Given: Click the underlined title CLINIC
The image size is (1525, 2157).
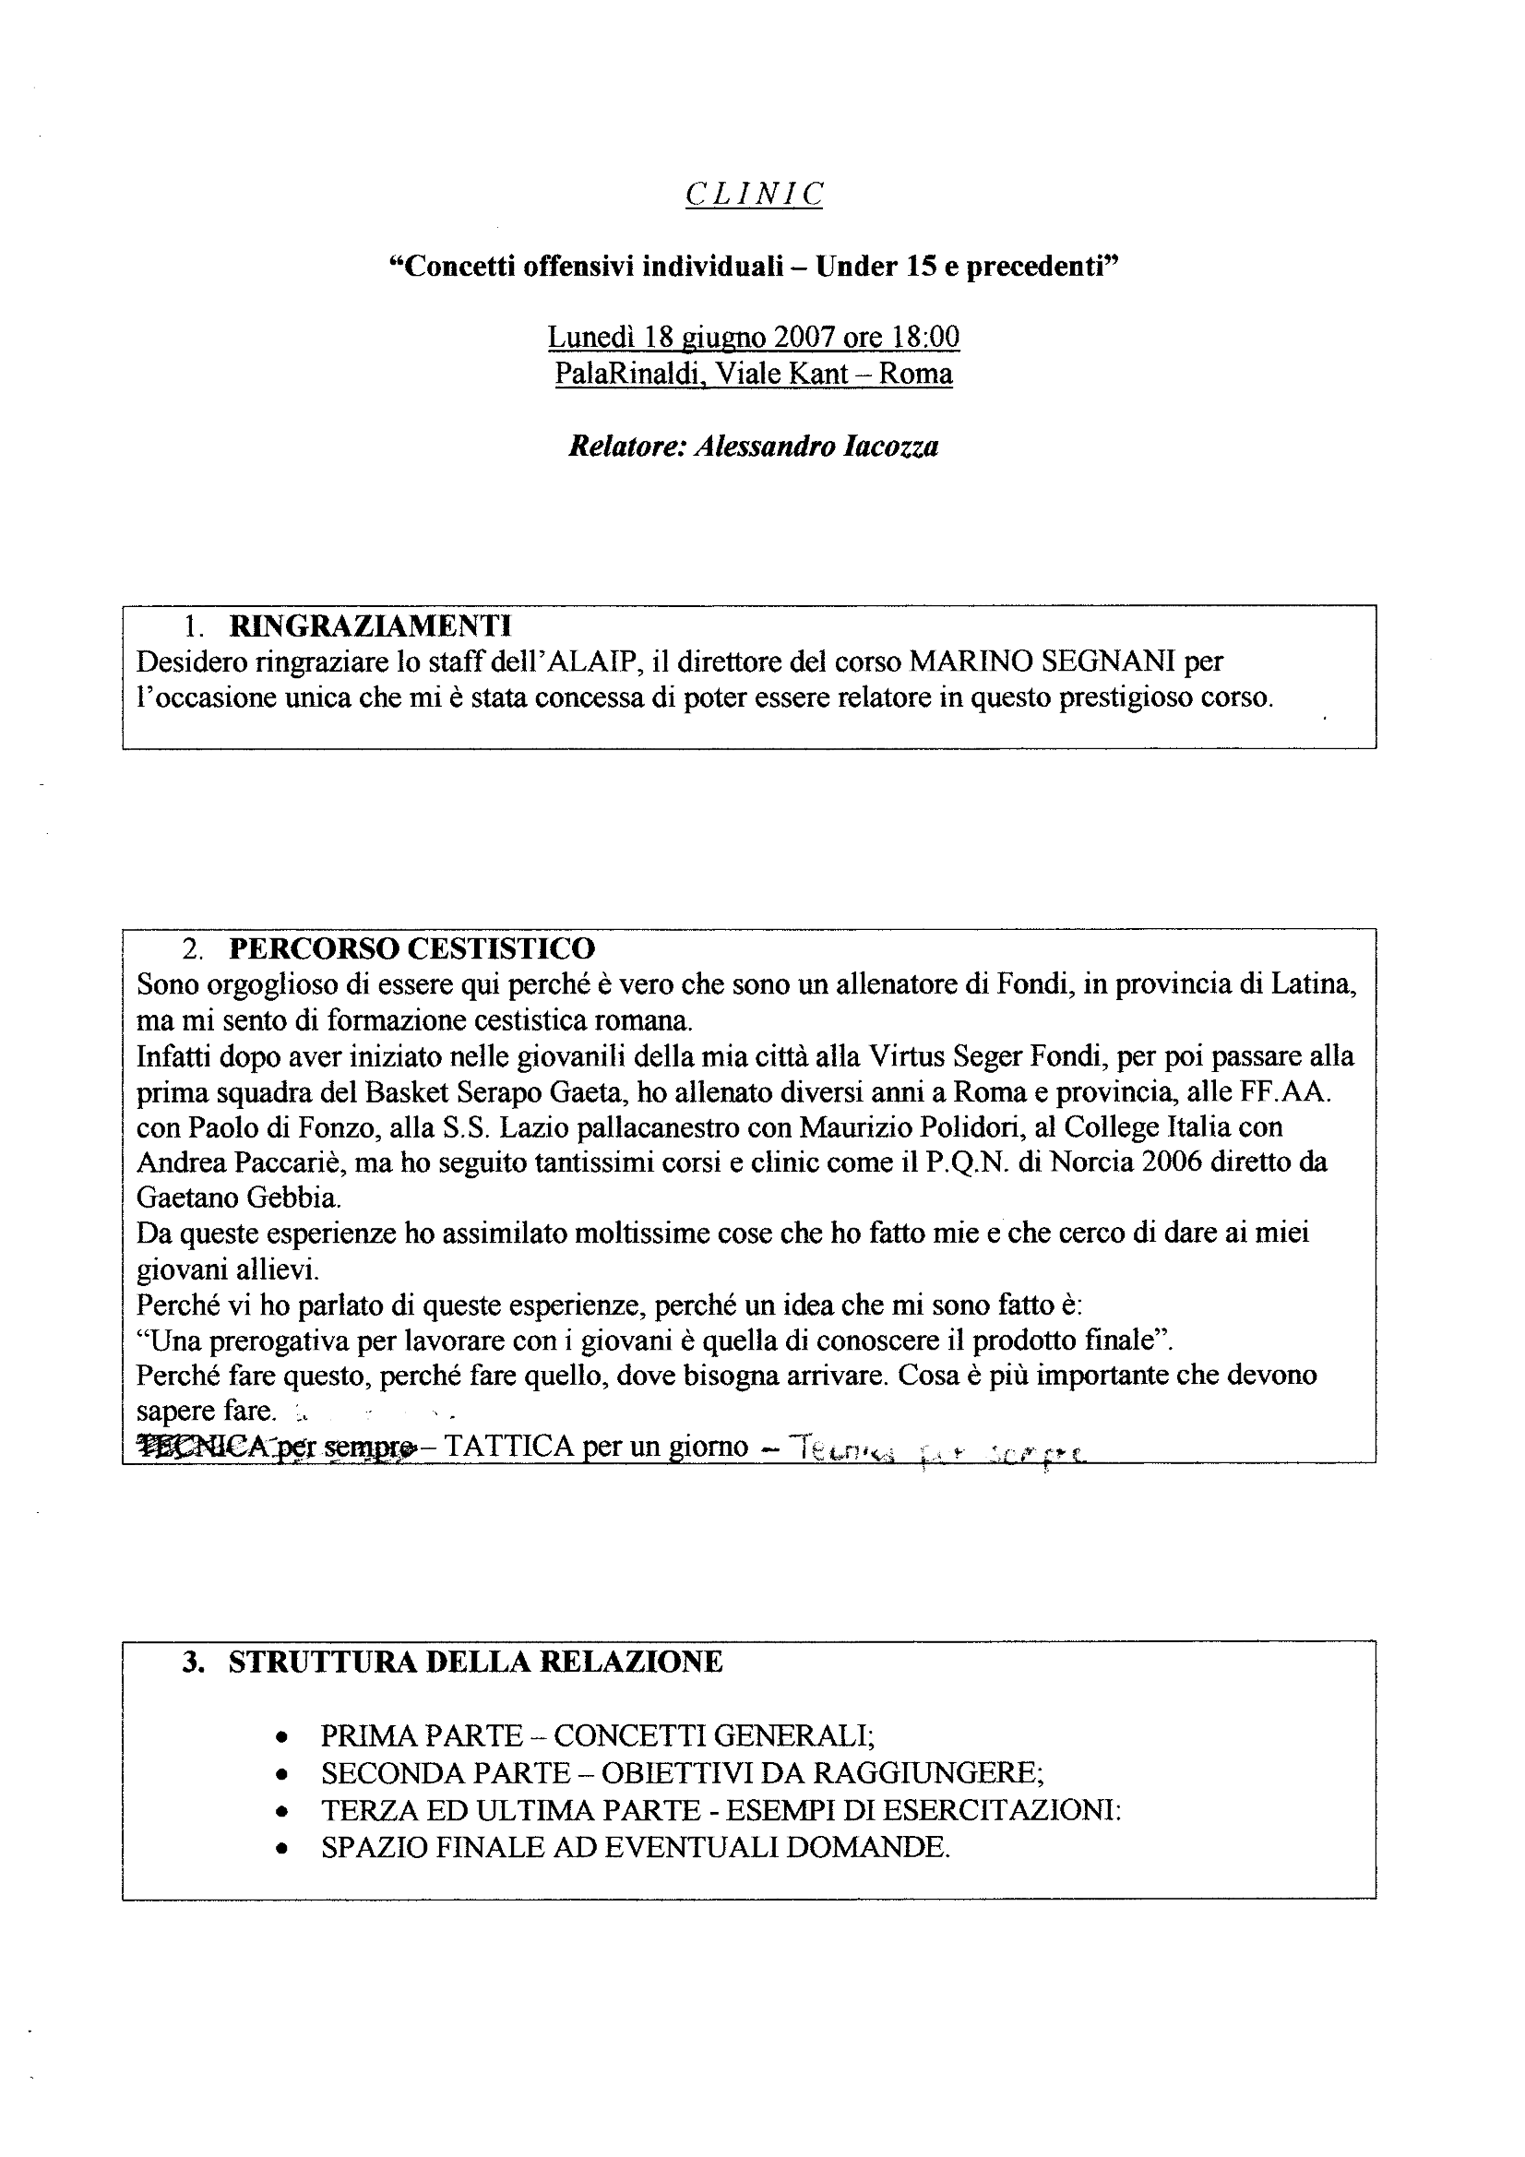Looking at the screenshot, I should click(754, 195).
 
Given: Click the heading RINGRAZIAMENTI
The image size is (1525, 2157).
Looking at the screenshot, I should click(370, 625).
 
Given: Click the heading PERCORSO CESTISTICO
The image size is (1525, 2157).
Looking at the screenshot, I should click(411, 947).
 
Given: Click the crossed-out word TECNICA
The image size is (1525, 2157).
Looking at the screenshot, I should click(195, 1447).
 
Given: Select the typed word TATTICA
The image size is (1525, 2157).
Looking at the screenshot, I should click(507, 1447).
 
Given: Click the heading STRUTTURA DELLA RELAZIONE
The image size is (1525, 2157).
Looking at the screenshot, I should click(475, 1662).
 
